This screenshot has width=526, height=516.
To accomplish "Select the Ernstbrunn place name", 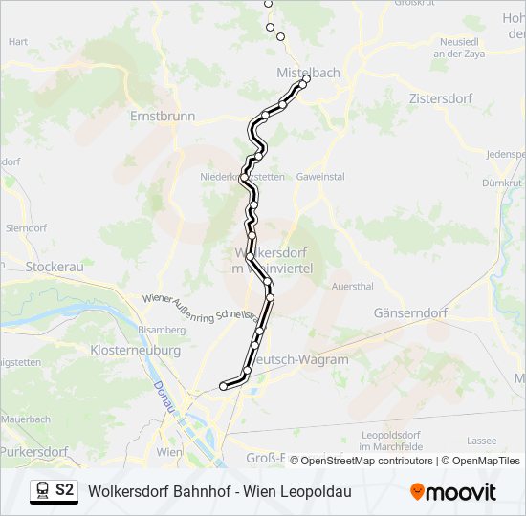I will (163, 116).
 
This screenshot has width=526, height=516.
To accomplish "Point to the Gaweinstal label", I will (320, 177).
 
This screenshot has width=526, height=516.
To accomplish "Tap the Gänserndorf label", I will (411, 312).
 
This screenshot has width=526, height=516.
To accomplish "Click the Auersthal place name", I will (351, 286).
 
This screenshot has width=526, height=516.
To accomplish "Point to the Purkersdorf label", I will (34, 451).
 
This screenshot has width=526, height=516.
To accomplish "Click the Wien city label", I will (168, 451).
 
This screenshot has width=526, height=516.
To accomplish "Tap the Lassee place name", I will (483, 441).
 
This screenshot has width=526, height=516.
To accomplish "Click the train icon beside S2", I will (42, 491).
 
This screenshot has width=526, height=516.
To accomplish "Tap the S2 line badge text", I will (64, 490).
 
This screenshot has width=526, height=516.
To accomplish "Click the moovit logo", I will (453, 492).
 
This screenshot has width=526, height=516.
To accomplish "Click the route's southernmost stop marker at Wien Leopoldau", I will (224, 386).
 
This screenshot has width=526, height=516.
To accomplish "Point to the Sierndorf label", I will (26, 228).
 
